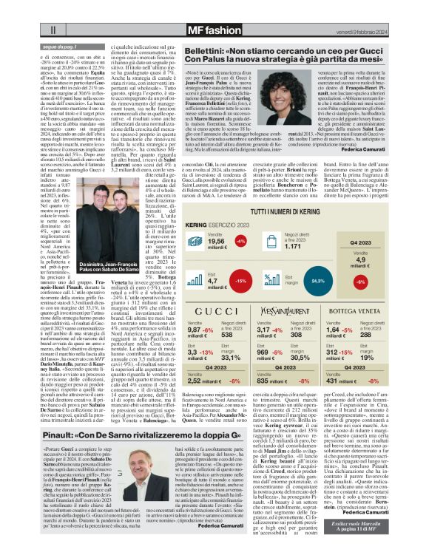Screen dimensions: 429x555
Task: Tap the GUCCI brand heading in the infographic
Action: point(220,312)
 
